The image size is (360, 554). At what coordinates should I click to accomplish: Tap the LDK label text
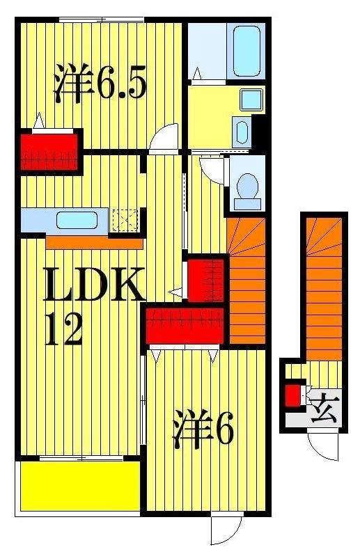point(94,285)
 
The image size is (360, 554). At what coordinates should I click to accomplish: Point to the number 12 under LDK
point(64,328)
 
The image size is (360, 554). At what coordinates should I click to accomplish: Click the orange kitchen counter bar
point(94,244)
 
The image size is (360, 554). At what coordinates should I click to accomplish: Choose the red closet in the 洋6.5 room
point(51,150)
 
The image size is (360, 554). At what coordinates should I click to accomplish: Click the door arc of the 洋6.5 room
point(165,138)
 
